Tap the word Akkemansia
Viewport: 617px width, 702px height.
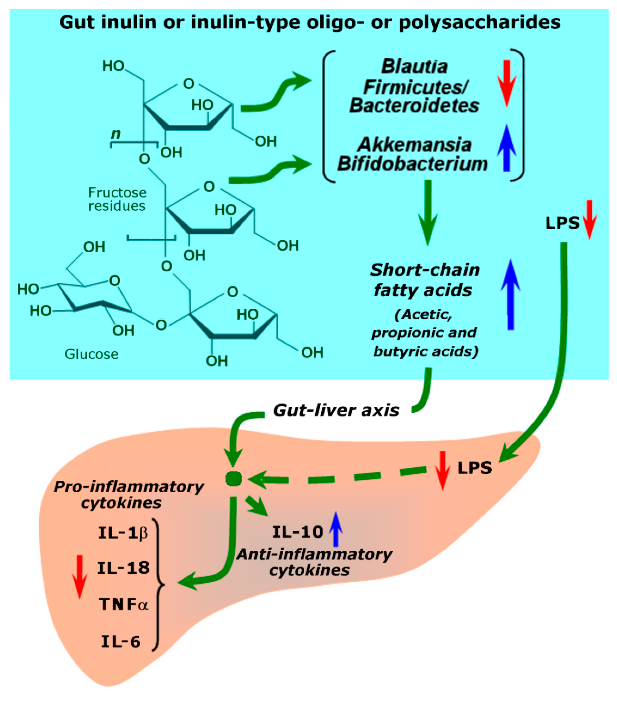coord(414,145)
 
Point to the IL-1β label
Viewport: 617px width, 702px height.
coord(123,533)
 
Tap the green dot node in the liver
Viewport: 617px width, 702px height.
coord(234,478)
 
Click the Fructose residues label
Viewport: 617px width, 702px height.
coord(117,199)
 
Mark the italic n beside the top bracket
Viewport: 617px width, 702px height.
coord(116,134)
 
